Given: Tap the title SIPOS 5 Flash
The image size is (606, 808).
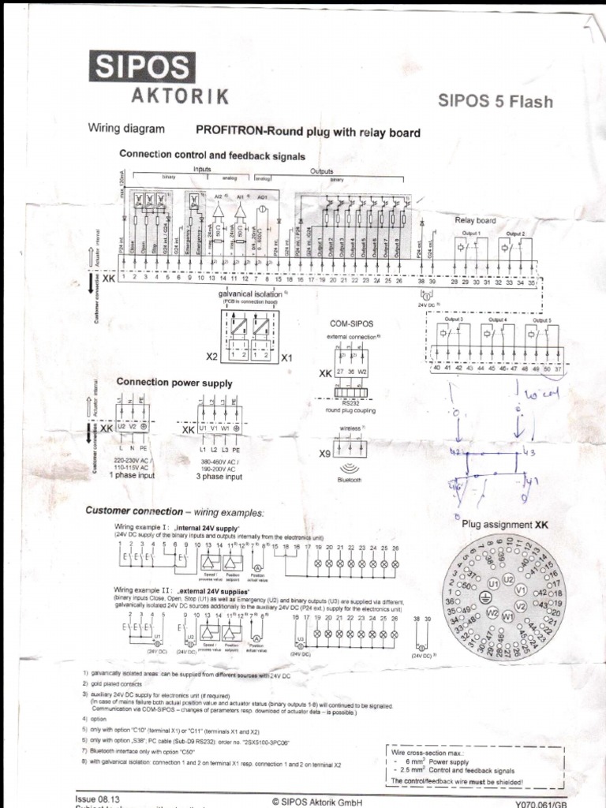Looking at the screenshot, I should [496, 101].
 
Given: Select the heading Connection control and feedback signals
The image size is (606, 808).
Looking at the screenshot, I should [211, 155].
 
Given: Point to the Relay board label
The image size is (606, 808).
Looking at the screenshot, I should [476, 221].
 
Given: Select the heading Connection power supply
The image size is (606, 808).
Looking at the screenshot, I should [174, 383].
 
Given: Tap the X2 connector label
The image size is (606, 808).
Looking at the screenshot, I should [211, 357].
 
